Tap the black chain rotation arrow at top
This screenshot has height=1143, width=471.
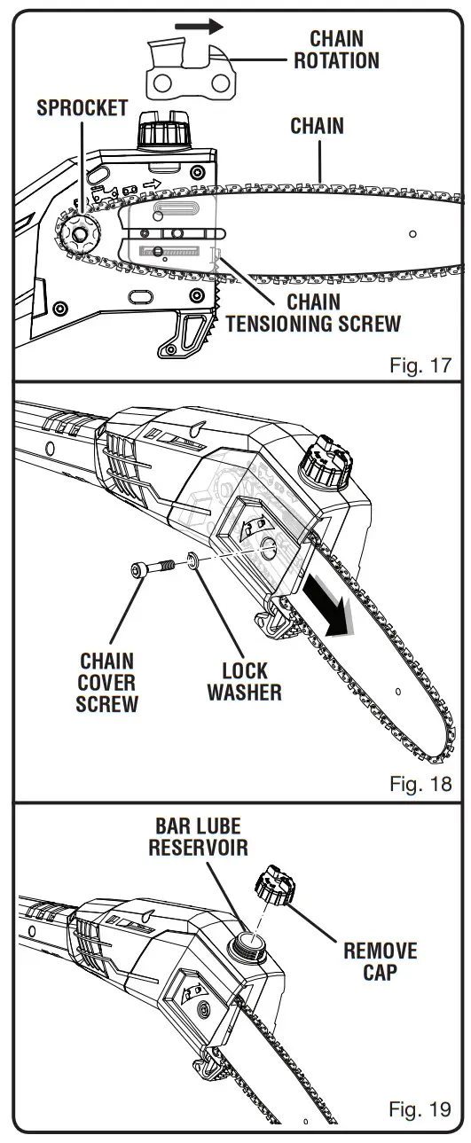click(199, 27)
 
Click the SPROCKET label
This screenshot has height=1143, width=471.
click(82, 108)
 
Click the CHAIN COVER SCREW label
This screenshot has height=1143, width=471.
click(107, 683)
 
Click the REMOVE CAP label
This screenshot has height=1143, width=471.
click(380, 961)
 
